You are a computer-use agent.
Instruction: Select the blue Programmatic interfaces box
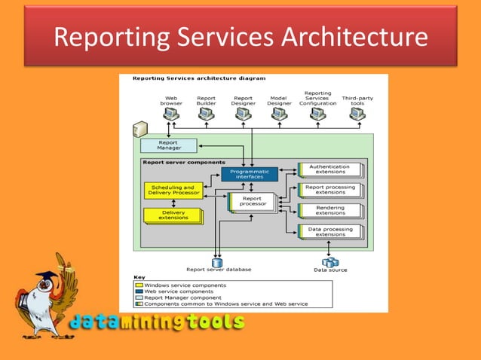pos(250,174)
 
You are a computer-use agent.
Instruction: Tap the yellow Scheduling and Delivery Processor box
pos(173,191)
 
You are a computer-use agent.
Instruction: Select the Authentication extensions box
pos(330,169)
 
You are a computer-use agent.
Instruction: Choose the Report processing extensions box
pos(330,190)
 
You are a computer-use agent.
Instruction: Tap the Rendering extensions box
pos(330,210)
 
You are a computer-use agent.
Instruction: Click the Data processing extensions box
pos(330,231)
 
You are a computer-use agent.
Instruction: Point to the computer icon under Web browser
pos(171,114)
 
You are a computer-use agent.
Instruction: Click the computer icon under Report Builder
pos(206,114)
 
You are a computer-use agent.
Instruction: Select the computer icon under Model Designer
pos(277,114)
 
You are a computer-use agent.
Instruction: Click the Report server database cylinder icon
pos(218,262)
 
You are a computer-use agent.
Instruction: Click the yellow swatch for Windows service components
pos(139,285)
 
